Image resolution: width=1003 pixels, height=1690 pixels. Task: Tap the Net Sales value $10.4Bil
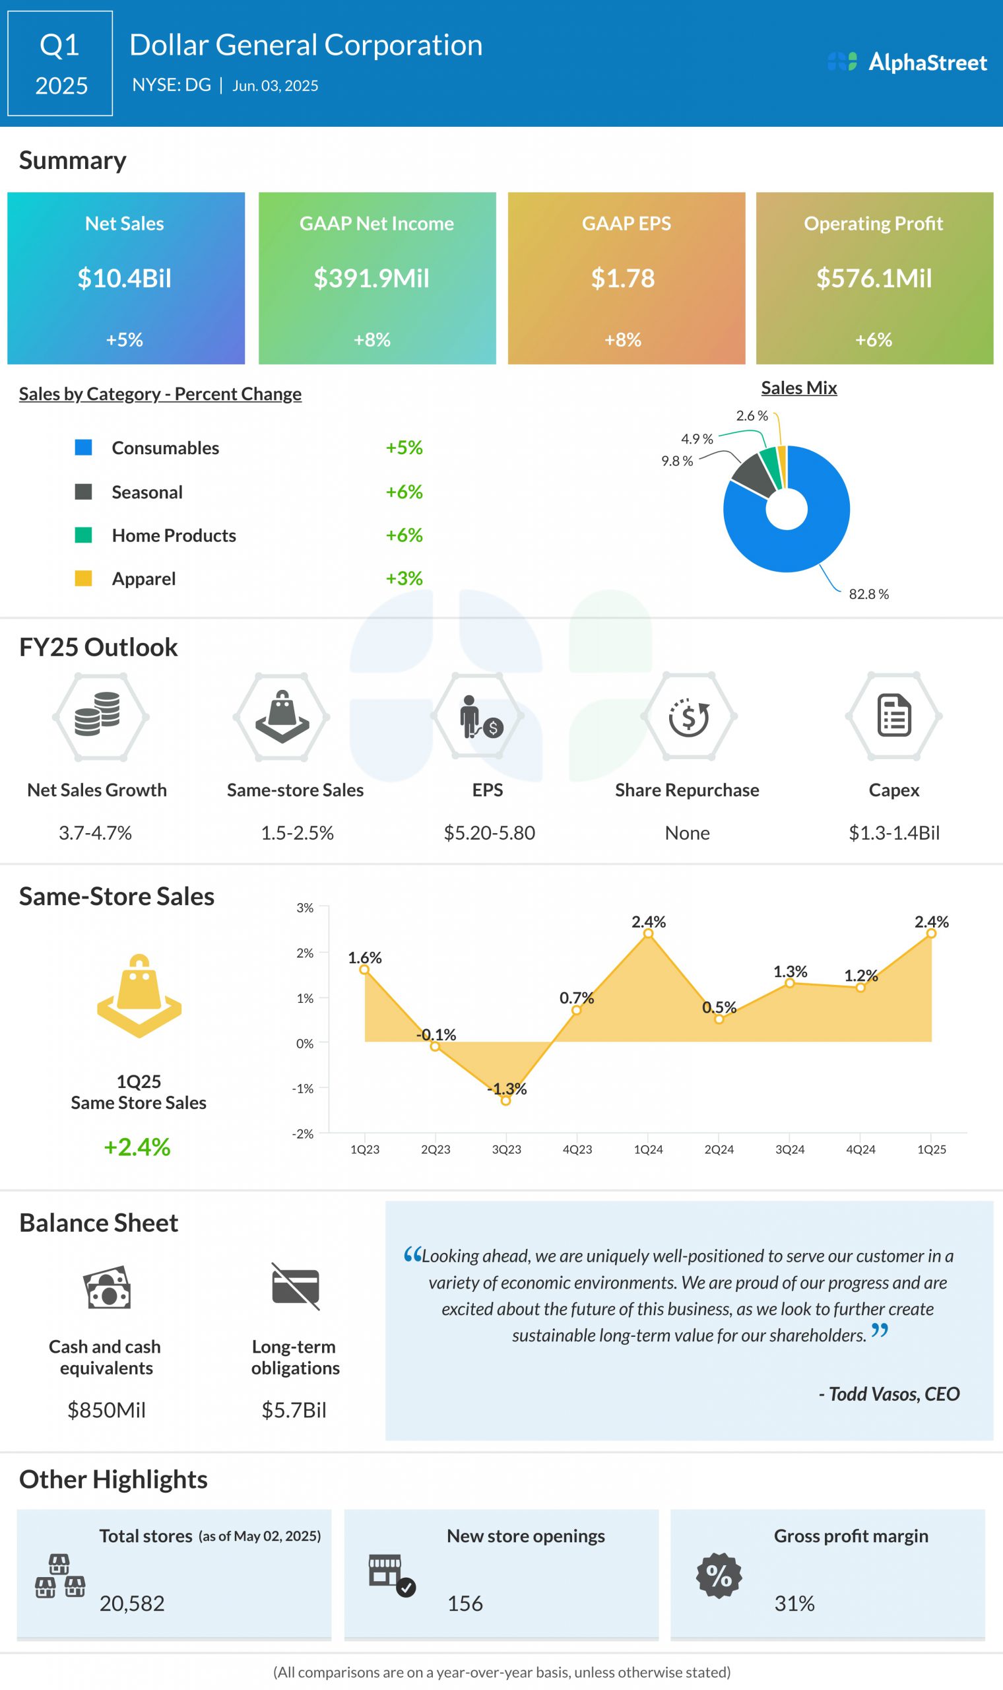[124, 279]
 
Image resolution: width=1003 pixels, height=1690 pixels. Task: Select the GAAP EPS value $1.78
[622, 279]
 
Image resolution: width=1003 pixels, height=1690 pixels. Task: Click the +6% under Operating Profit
[873, 339]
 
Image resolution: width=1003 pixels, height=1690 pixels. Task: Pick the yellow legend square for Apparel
[83, 578]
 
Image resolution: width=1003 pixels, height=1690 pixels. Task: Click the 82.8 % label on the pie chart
[868, 594]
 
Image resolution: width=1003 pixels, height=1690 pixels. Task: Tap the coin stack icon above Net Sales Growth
[98, 714]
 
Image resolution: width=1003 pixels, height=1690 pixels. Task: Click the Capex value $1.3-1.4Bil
[893, 833]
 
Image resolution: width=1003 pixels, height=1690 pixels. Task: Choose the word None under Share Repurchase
[687, 833]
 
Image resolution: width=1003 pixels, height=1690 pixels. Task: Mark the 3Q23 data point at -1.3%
[505, 1100]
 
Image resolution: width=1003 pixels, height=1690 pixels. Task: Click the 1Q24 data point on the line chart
[647, 933]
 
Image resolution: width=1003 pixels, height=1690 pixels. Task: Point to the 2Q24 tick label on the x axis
[719, 1149]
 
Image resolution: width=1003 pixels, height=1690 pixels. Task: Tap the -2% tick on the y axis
[303, 1133]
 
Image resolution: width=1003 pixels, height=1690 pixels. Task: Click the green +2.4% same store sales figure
[137, 1147]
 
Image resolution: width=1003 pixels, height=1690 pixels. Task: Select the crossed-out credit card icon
[296, 1286]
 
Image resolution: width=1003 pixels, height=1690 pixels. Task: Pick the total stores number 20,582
[132, 1604]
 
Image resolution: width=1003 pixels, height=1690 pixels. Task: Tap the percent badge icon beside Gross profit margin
[719, 1576]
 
